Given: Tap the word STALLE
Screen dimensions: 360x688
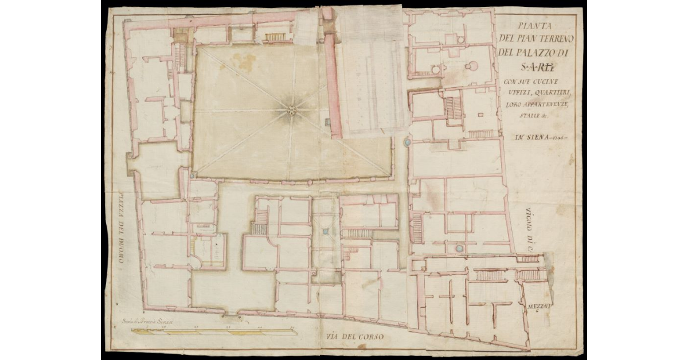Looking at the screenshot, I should (518, 117).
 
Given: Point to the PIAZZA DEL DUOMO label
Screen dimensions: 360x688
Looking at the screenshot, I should (121, 228).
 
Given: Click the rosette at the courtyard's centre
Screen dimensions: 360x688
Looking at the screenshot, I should (292, 110).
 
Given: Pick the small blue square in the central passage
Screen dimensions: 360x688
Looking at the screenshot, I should (325, 231).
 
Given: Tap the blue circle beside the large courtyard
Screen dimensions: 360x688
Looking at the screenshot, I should (407, 141).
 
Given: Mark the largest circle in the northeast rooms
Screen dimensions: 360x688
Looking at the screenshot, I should (472, 66).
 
